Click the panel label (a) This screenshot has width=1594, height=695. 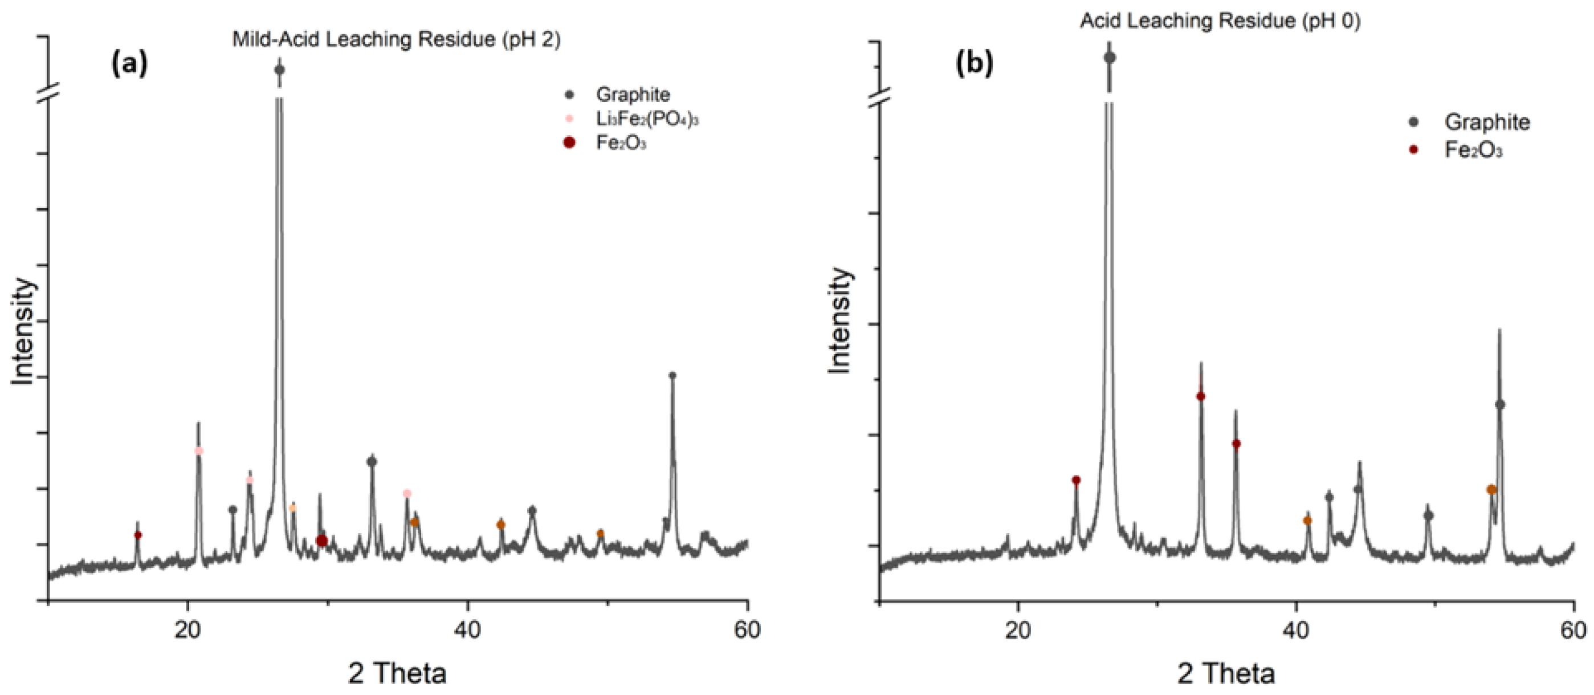click(129, 63)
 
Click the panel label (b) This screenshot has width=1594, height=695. click(974, 63)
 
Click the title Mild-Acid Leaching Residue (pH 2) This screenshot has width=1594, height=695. click(396, 39)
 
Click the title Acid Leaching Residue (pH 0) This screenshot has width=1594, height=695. click(1220, 21)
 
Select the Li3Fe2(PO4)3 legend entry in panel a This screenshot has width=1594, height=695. click(647, 119)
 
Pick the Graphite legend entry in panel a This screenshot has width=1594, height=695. click(633, 95)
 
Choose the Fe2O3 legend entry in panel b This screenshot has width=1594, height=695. click(1473, 151)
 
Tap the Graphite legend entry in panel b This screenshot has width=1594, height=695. click(1486, 122)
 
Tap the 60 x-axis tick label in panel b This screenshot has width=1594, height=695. click(1573, 629)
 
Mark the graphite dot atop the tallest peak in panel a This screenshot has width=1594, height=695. click(279, 70)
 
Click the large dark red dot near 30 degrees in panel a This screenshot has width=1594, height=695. click(321, 541)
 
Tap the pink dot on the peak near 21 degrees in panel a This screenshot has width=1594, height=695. click(199, 450)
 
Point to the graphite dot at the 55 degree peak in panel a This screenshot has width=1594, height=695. click(672, 375)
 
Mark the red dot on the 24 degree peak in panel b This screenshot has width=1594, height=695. click(1076, 480)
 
